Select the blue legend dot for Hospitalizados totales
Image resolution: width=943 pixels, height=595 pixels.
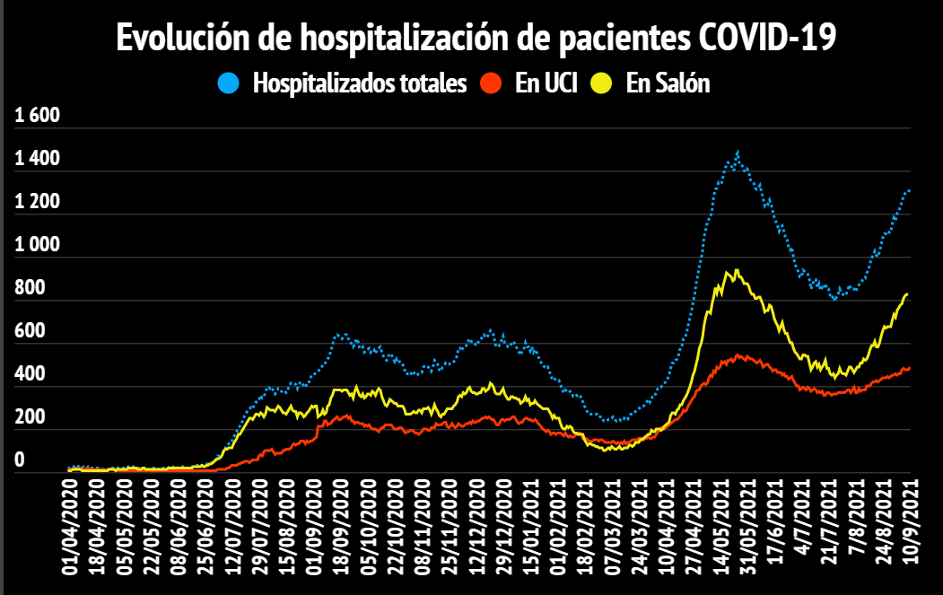tap(229, 84)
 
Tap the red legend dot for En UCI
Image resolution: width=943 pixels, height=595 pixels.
tap(490, 84)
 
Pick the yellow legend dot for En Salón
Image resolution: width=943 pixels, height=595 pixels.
tap(601, 84)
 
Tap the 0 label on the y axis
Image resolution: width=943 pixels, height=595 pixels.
tap(20, 460)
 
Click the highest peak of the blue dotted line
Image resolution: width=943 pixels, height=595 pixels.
tap(737, 153)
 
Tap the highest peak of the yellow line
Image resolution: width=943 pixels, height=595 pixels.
tap(736, 270)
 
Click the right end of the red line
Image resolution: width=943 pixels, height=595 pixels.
tap(909, 368)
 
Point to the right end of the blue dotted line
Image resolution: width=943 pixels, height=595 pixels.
tap(909, 190)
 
